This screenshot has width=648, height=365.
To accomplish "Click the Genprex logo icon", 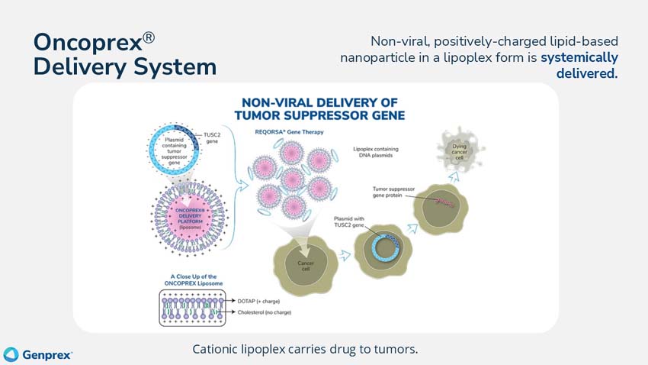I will tap(11, 354).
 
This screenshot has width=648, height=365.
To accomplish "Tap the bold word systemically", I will tap(579, 57).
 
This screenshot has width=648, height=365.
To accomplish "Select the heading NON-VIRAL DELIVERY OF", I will tap(323, 102).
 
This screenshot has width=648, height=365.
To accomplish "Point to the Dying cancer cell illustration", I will tap(459, 150).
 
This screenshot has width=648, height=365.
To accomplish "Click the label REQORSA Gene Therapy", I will tap(289, 132).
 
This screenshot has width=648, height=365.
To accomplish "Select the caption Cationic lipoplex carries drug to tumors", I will tap(305, 349).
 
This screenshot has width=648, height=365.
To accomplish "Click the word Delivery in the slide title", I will tap(81, 66).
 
